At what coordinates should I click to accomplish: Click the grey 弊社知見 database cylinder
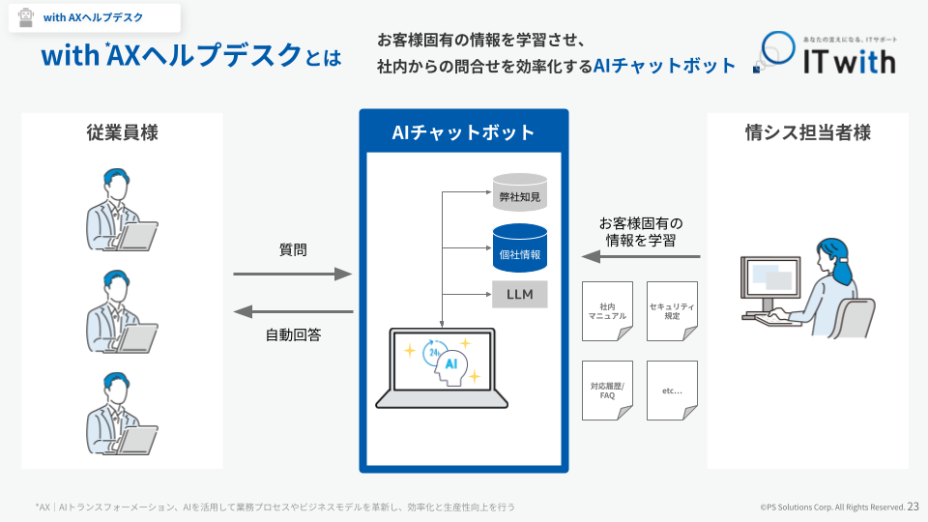[520, 192]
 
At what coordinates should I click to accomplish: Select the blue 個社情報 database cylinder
[520, 248]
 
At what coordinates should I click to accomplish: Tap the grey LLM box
[520, 294]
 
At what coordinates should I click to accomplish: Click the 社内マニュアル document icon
[607, 311]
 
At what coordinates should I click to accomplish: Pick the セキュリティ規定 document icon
[672, 311]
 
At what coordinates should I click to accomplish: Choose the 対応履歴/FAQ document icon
[607, 391]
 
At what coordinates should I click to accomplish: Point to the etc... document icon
[672, 391]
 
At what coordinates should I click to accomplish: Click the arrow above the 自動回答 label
[294, 311]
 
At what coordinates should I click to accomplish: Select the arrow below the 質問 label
[293, 274]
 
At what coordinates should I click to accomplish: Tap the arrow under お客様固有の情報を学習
[641, 257]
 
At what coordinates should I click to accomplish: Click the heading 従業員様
[123, 132]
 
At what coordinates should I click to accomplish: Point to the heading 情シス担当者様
[808, 132]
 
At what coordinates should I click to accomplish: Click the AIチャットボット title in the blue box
[463, 132]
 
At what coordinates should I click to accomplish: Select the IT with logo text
[850, 62]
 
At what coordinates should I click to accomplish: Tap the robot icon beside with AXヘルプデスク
[26, 17]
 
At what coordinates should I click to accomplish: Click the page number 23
[913, 507]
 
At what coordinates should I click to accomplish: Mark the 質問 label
[293, 249]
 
